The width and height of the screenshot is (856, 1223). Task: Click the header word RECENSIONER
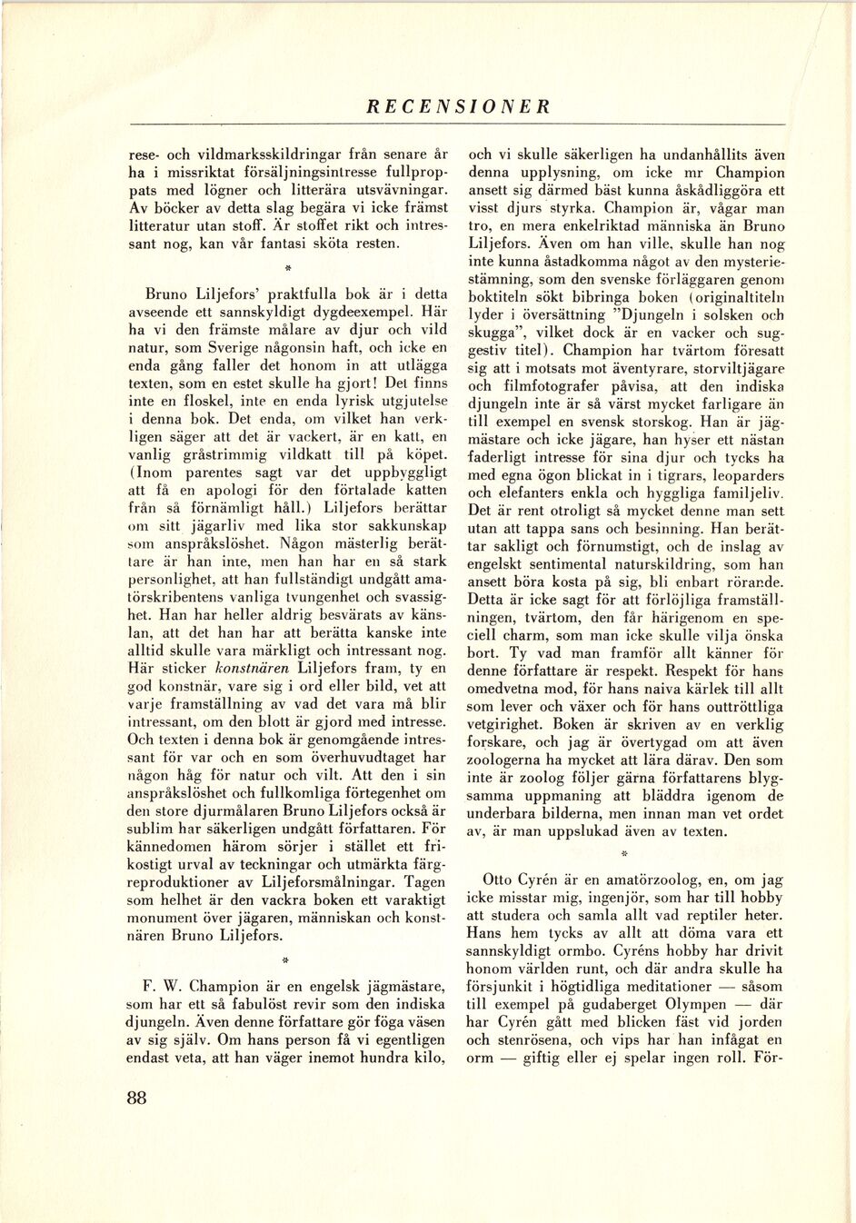[458, 105]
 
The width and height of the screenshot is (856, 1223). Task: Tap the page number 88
[137, 1097]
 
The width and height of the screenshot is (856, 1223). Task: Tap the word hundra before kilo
[373, 1058]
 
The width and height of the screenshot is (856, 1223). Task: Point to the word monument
[167, 918]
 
